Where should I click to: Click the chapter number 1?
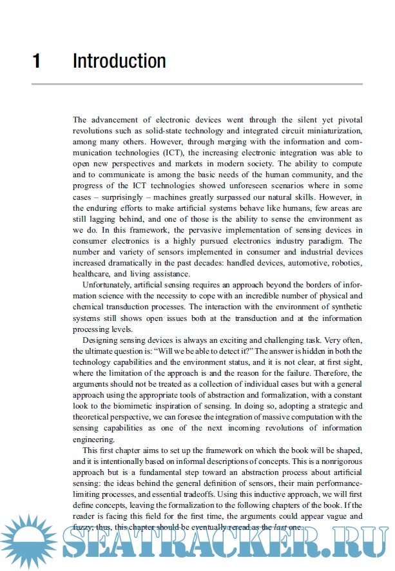(37, 61)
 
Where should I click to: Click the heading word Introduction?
(119, 61)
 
